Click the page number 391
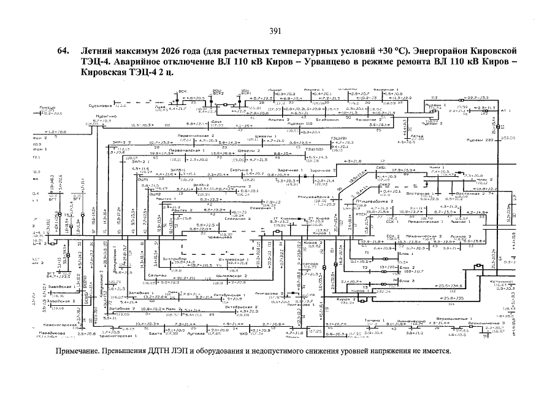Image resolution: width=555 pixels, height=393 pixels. tap(275, 31)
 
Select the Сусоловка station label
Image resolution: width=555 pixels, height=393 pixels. tap(94, 106)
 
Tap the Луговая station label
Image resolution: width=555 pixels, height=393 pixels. tap(196, 334)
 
